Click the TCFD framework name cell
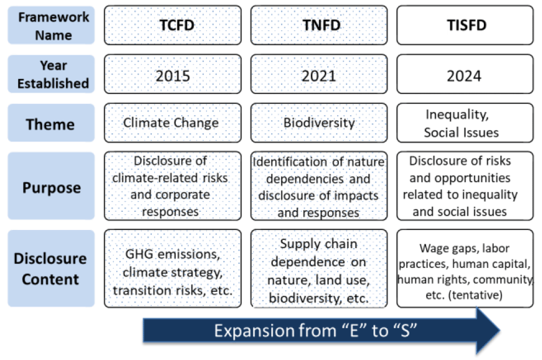pos(173,25)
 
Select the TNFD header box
pos(319,25)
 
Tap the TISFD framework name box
pos(465,25)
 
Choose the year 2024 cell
pos(465,74)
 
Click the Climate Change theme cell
pos(173,122)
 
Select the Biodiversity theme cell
pos(319,122)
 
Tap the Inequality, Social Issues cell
pos(465,122)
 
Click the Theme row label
pos(51,123)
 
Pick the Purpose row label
pos(51,186)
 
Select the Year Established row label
pos(51,74)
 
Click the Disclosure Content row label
pos(51,268)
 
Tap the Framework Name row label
pos(51,25)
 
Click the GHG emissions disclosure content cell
pos(173,268)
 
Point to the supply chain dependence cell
pos(319,268)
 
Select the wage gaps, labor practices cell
pos(465,268)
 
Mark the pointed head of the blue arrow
pos(500,330)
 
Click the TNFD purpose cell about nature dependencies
pos(319,186)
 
